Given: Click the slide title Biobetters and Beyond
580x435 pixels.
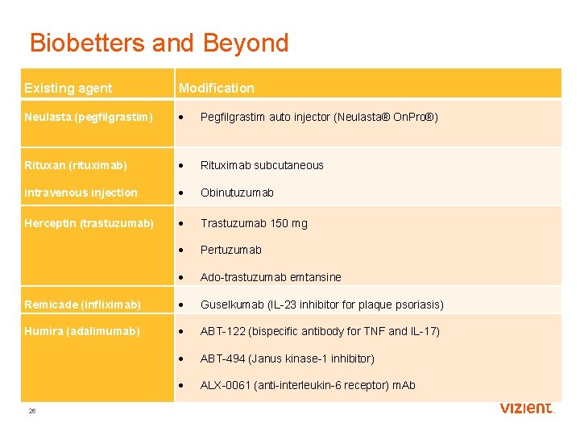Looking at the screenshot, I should pyautogui.click(x=159, y=43).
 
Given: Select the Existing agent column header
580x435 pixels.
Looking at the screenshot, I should pyautogui.click(x=68, y=88).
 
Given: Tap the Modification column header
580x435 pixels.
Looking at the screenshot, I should pyautogui.click(x=216, y=88).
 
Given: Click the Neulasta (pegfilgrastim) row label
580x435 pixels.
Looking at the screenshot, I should pyautogui.click(x=88, y=118).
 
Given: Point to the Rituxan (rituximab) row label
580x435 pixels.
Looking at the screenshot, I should pyautogui.click(x=76, y=165).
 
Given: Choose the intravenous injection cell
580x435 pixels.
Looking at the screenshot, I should pyautogui.click(x=81, y=193).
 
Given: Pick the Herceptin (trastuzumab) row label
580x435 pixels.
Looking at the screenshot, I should pyautogui.click(x=89, y=223).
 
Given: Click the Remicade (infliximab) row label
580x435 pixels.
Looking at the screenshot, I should pyautogui.click(x=82, y=304).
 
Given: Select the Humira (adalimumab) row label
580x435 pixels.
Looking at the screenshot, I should pyautogui.click(x=82, y=331).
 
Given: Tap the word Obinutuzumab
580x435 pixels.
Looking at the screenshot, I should pyautogui.click(x=237, y=193).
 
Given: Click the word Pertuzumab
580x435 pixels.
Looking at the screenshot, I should pyautogui.click(x=230, y=250).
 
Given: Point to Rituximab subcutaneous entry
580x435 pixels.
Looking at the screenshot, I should pyautogui.click(x=262, y=165).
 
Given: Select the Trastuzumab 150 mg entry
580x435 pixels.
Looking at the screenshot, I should pyautogui.click(x=254, y=223).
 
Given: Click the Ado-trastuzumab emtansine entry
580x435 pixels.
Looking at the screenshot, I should pyautogui.click(x=271, y=277).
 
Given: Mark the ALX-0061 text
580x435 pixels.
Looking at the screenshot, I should pyautogui.click(x=226, y=385).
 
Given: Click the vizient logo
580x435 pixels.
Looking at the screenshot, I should pyautogui.click(x=527, y=408).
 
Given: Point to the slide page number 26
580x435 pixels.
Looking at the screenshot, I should pyautogui.click(x=32, y=411).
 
